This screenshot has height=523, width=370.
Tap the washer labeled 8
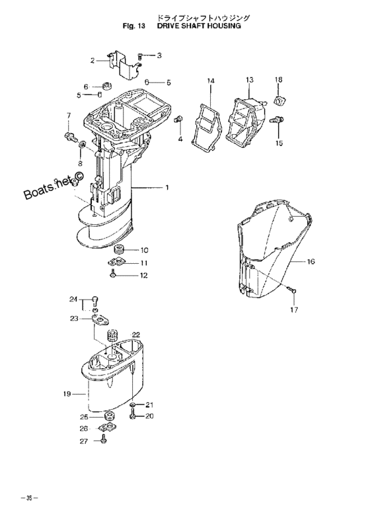pyautogui.click(x=83, y=144)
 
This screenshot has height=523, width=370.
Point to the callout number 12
pyautogui.click(x=143, y=275)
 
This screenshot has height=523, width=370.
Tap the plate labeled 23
pyautogui.click(x=101, y=319)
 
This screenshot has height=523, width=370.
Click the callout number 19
pyautogui.click(x=67, y=394)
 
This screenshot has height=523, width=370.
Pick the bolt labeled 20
pyautogui.click(x=133, y=415)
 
